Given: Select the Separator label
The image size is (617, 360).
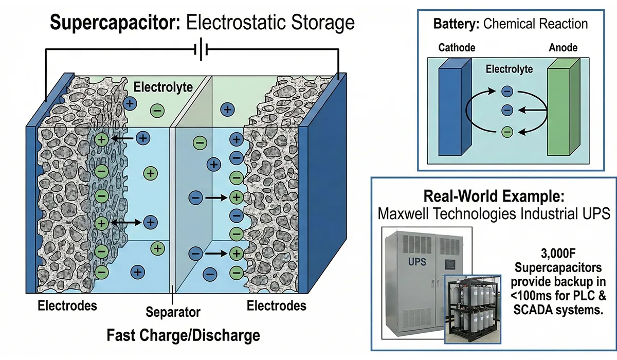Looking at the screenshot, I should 173,312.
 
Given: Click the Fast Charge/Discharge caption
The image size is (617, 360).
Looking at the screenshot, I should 183,336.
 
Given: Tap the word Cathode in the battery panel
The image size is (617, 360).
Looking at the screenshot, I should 457,48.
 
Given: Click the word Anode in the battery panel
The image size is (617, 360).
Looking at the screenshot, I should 563,48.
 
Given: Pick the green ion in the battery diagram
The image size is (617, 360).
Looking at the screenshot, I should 507,132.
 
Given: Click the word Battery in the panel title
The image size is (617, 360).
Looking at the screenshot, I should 453,24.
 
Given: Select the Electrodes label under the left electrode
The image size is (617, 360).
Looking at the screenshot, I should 67,305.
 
